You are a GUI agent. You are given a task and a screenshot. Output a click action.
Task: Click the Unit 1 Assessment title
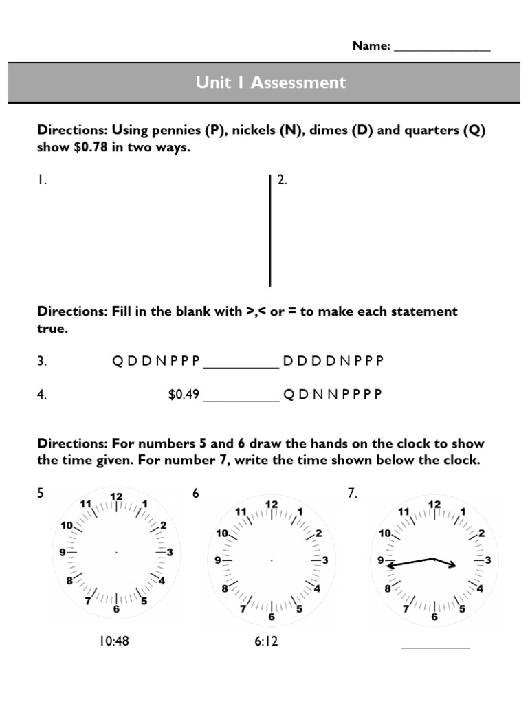[x=270, y=82]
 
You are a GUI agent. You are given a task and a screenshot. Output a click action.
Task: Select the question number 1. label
[x=42, y=180]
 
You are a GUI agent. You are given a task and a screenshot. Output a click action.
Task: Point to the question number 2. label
[x=282, y=180]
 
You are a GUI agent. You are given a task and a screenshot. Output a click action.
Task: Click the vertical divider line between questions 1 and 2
[x=270, y=230]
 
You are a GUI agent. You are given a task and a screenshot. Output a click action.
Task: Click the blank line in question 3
[x=241, y=366]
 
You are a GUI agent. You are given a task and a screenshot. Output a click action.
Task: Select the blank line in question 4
[x=241, y=400]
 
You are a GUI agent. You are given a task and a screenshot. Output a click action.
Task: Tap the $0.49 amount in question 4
[x=184, y=395]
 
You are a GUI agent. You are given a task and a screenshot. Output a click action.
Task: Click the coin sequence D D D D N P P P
[x=333, y=361]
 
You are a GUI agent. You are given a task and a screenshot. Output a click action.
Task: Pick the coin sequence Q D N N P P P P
[x=332, y=395]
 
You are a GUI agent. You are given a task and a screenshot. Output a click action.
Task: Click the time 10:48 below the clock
[x=114, y=641]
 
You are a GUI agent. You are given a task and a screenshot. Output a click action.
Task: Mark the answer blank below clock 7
[x=435, y=646]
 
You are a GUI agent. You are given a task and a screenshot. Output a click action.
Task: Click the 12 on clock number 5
[x=116, y=497]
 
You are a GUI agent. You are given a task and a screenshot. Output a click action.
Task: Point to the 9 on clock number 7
[x=380, y=560]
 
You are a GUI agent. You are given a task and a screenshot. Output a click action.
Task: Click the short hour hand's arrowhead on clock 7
[x=453, y=566]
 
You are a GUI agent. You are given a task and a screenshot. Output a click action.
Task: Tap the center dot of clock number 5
[x=116, y=552]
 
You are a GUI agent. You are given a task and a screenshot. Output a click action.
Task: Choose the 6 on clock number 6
[x=272, y=617]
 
